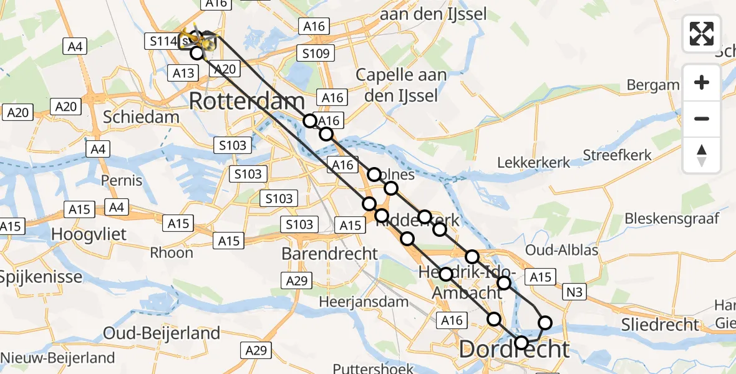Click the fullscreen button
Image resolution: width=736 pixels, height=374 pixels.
tap(702, 34)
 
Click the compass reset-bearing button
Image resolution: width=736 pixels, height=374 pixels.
tap(702, 155)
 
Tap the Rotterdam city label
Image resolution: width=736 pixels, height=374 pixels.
tap(246, 100)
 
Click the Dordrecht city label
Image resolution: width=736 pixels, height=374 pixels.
tap(514, 350)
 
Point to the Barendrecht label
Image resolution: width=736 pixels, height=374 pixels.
tap(330, 254)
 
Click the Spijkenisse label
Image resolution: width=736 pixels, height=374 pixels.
tap(41, 276)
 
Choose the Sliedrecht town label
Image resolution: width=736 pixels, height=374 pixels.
tap(661, 324)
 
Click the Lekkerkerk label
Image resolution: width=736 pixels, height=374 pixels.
tap(534, 163)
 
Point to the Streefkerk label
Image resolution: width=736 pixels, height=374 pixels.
tap(617, 155)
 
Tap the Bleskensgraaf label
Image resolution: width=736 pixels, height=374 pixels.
tap(672, 219)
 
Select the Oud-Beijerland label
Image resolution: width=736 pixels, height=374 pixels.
tap(162, 333)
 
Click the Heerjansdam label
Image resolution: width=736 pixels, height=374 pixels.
tap(364, 302)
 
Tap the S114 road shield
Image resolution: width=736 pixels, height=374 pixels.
tap(160, 42)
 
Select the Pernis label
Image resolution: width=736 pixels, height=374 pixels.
tap(123, 181)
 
